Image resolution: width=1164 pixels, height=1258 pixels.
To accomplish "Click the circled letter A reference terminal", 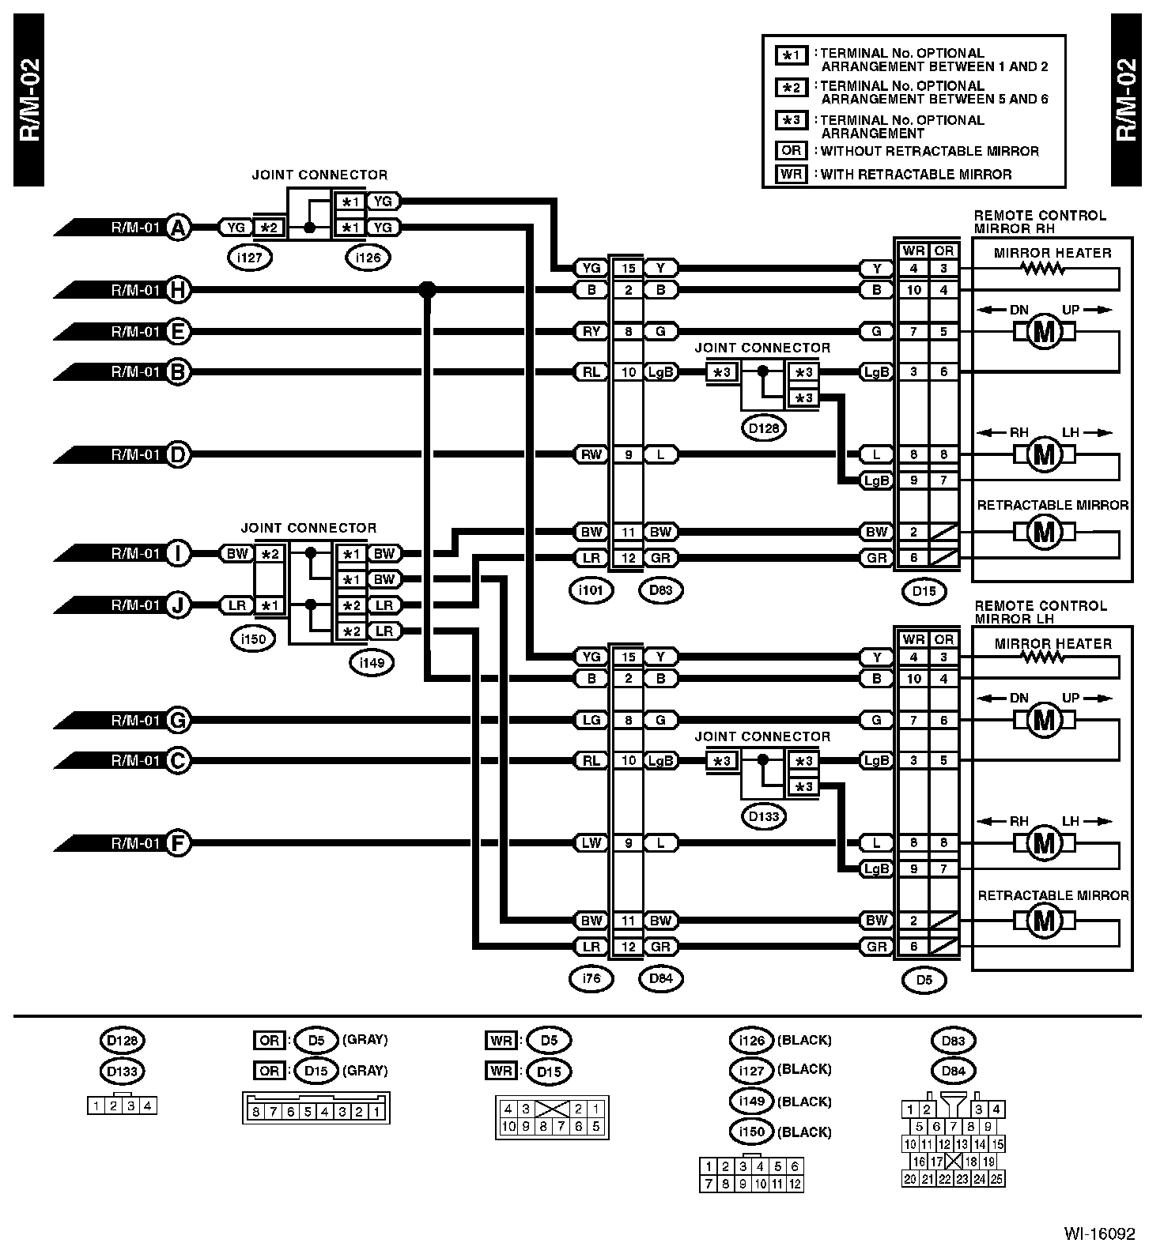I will (x=179, y=228).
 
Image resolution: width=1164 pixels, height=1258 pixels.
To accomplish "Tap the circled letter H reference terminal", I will (x=179, y=290).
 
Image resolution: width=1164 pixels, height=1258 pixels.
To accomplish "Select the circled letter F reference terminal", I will (x=179, y=843).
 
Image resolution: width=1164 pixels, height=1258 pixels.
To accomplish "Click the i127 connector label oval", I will (x=249, y=257).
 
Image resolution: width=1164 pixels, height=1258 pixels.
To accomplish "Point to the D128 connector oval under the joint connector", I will (x=764, y=428).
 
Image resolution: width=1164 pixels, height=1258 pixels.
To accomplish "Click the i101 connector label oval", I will (x=591, y=589).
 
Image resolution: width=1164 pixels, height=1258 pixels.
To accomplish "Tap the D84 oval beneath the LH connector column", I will (x=660, y=978).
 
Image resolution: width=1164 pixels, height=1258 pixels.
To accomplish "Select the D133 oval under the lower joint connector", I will (x=764, y=816).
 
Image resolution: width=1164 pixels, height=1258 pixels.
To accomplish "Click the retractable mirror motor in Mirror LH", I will (x=1045, y=921).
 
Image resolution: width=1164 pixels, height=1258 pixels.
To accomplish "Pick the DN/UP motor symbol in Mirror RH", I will (x=1045, y=332).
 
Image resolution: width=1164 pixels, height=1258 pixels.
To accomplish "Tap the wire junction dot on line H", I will (x=427, y=290).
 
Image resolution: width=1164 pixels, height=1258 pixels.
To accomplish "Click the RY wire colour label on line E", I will (x=591, y=332).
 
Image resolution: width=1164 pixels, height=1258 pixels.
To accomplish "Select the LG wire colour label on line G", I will (x=591, y=720).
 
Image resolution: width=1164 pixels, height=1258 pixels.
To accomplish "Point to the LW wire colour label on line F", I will (x=591, y=843).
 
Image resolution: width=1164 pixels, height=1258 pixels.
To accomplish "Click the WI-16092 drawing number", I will (x=1099, y=1234).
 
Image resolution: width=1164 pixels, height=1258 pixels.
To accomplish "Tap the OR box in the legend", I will (x=791, y=151).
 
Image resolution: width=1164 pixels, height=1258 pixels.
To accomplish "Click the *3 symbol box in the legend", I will (x=791, y=121).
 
